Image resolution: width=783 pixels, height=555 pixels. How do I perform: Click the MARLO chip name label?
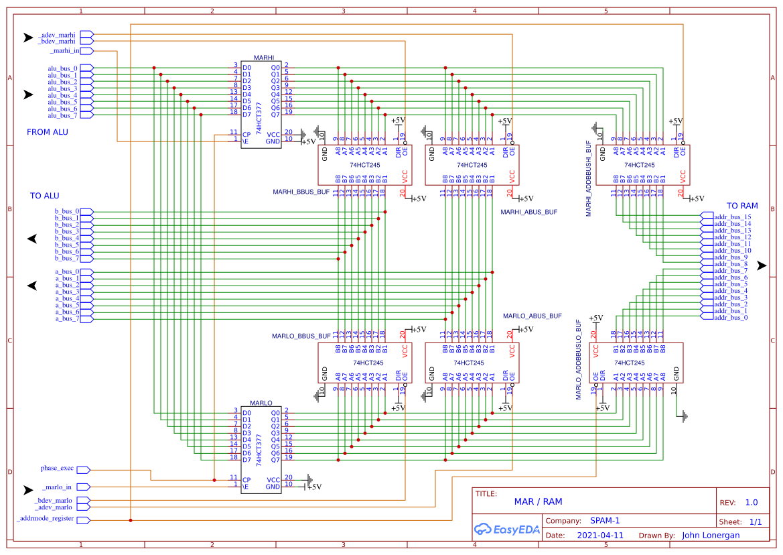click(261, 404)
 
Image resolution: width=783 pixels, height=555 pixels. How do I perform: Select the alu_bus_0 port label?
click(62, 68)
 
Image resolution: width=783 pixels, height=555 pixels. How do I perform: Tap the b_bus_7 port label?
click(67, 258)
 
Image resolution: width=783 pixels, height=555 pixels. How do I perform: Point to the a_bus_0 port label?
click(67, 271)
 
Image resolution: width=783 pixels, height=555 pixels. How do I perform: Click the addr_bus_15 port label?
click(733, 217)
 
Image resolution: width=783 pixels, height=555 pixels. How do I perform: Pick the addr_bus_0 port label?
click(731, 317)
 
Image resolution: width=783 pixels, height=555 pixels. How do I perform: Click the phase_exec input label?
click(57, 469)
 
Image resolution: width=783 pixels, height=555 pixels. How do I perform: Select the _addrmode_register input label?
click(46, 519)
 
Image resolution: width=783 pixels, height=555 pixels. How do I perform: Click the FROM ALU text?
click(48, 132)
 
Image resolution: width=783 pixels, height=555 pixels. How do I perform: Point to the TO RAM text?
click(742, 206)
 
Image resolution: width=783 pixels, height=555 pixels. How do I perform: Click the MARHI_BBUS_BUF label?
click(301, 192)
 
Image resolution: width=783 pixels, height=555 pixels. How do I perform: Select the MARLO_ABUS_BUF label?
click(532, 315)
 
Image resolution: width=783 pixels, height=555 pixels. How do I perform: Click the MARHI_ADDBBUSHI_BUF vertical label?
click(589, 178)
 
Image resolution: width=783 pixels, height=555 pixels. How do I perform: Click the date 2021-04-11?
click(600, 536)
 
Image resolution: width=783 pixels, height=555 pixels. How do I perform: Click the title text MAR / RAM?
click(538, 501)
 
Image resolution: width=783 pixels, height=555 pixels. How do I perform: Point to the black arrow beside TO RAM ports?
click(762, 266)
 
